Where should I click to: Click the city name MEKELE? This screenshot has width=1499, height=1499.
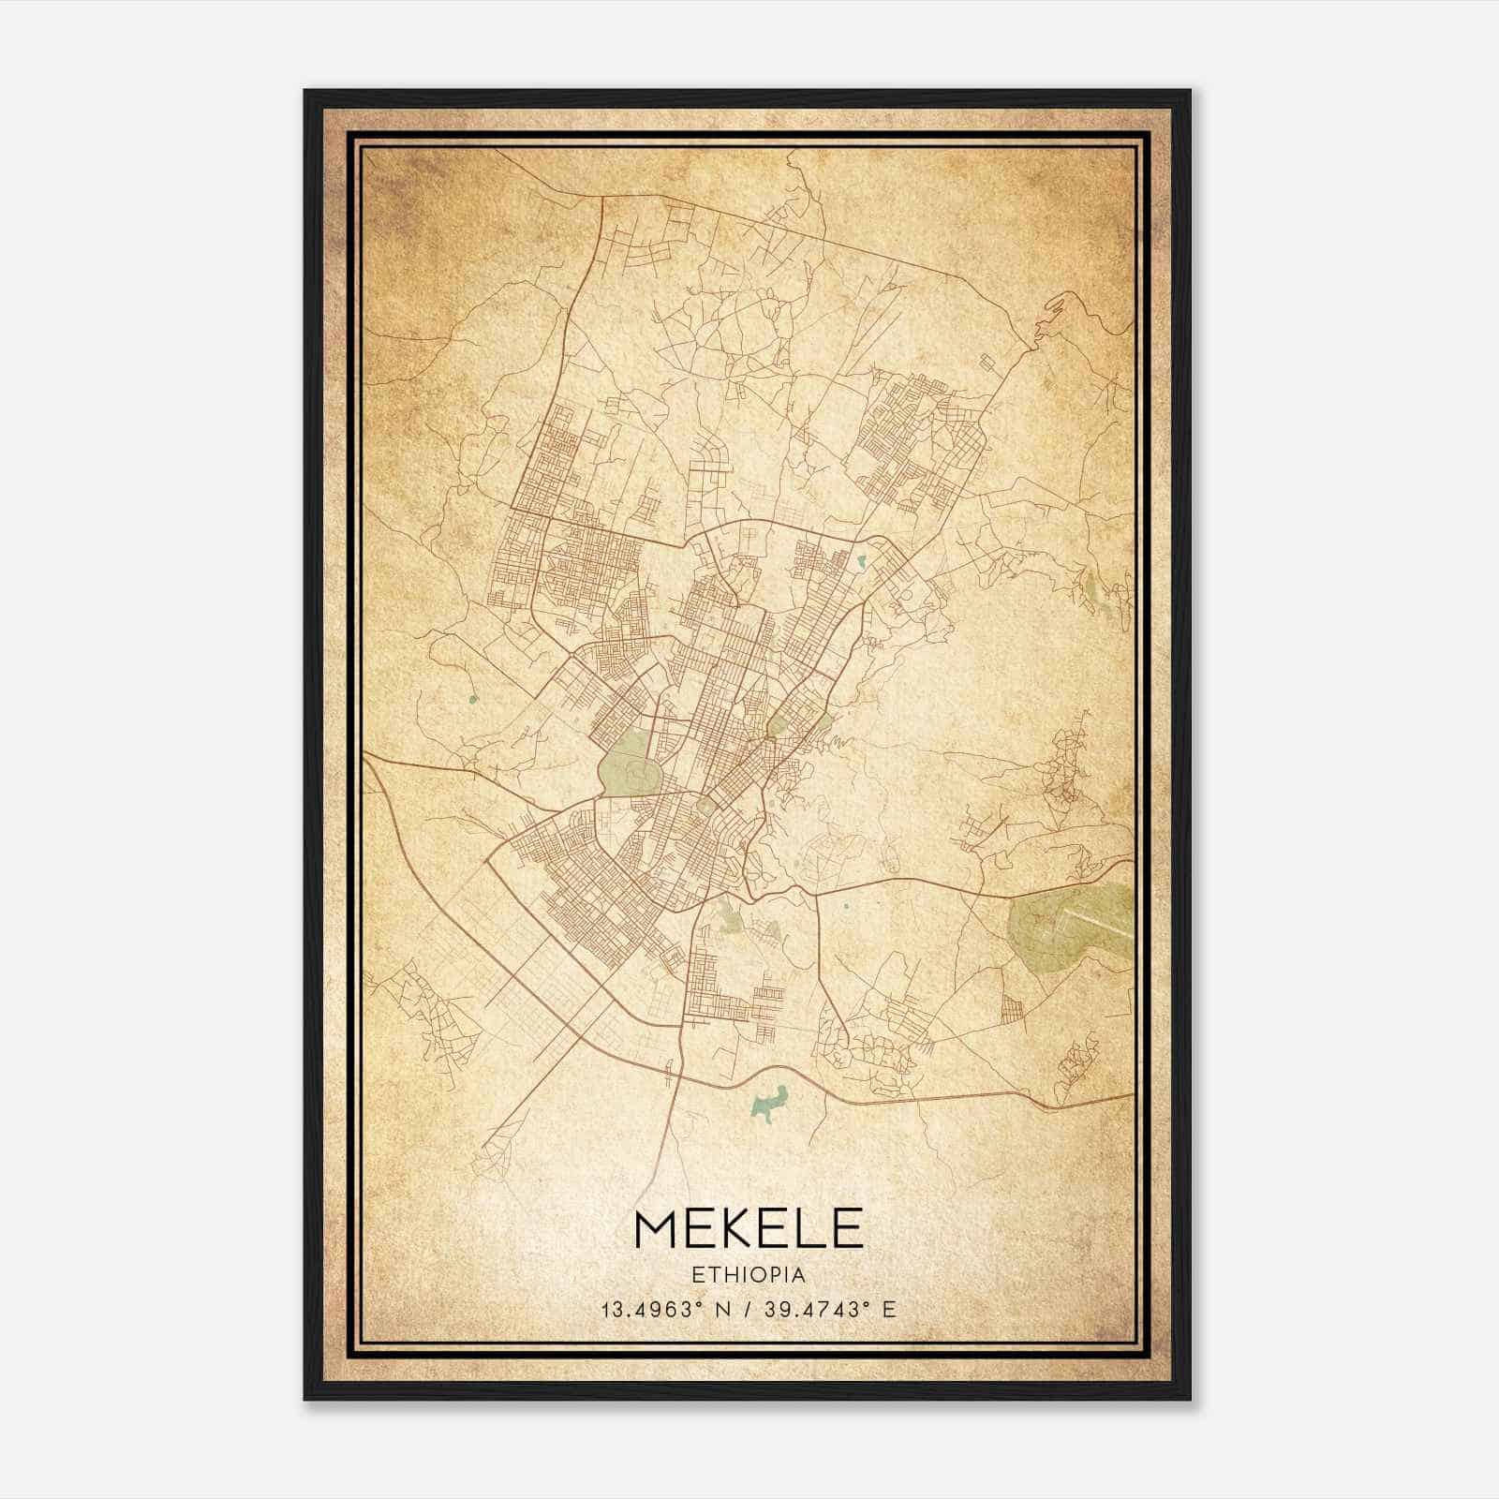(x=749, y=1228)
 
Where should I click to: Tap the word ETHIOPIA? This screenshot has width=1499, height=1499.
(x=749, y=1274)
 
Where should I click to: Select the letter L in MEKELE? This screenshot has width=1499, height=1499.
(x=811, y=1228)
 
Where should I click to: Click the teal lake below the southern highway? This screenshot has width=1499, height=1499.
(x=770, y=1103)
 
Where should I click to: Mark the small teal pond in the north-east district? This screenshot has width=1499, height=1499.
(x=861, y=563)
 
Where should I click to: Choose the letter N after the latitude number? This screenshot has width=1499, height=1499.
(x=719, y=1309)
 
